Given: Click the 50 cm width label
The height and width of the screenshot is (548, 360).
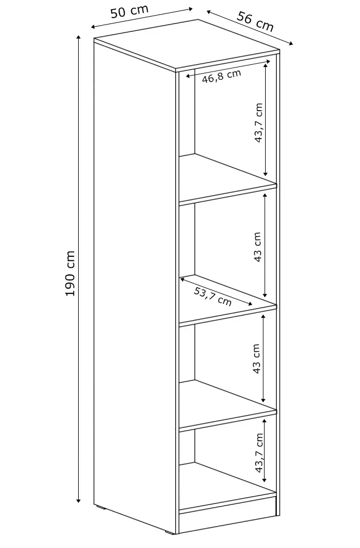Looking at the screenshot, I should pos(129,12).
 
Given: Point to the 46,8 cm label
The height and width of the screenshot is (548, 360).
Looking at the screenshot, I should pos(221,76).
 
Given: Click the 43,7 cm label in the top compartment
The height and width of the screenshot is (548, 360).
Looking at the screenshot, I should pos(259,123).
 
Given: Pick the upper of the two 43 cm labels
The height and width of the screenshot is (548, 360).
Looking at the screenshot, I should pos(257,247).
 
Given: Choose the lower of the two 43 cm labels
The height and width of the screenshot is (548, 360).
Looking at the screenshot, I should pos(257,359).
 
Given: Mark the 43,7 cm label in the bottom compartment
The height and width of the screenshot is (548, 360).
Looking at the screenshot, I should pos(258,453).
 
